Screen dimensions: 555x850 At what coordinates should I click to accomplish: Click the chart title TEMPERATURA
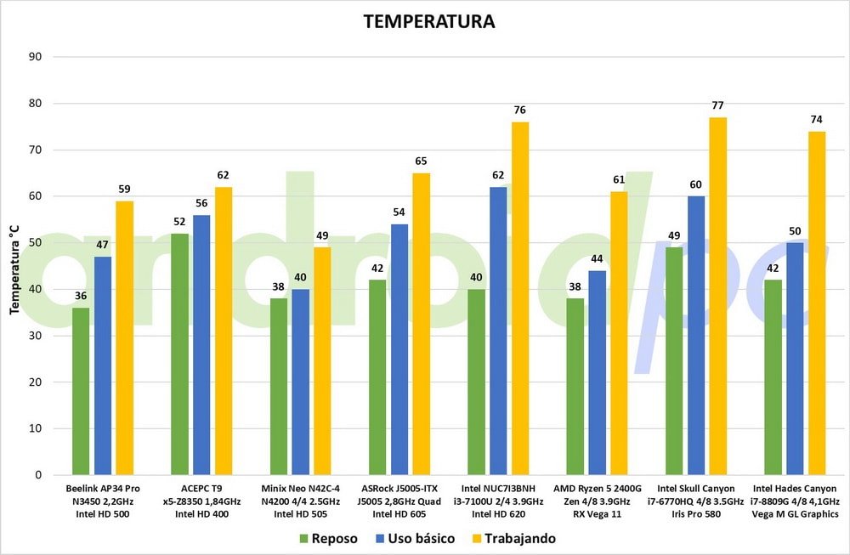coord(428,21)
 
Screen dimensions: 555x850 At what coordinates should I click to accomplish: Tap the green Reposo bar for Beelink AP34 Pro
coord(81,391)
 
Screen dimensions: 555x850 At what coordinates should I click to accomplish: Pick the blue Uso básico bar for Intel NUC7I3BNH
coord(498,331)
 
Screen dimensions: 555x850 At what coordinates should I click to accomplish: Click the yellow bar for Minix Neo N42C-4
coord(322,360)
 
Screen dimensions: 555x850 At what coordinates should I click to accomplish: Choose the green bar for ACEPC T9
coord(179,354)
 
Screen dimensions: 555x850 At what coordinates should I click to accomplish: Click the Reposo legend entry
coord(327,539)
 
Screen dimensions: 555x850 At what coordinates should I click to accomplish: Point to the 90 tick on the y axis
coord(36,57)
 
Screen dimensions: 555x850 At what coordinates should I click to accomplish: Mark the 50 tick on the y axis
coord(36,243)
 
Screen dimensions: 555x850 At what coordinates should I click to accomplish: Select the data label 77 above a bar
coord(718,105)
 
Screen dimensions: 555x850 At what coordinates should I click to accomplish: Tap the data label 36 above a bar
coord(81,296)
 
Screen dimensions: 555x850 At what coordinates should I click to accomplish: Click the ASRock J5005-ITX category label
coord(399,501)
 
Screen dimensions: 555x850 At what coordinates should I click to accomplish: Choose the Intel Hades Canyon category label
coord(795,501)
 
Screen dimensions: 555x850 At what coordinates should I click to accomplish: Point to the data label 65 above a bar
coord(421,161)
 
